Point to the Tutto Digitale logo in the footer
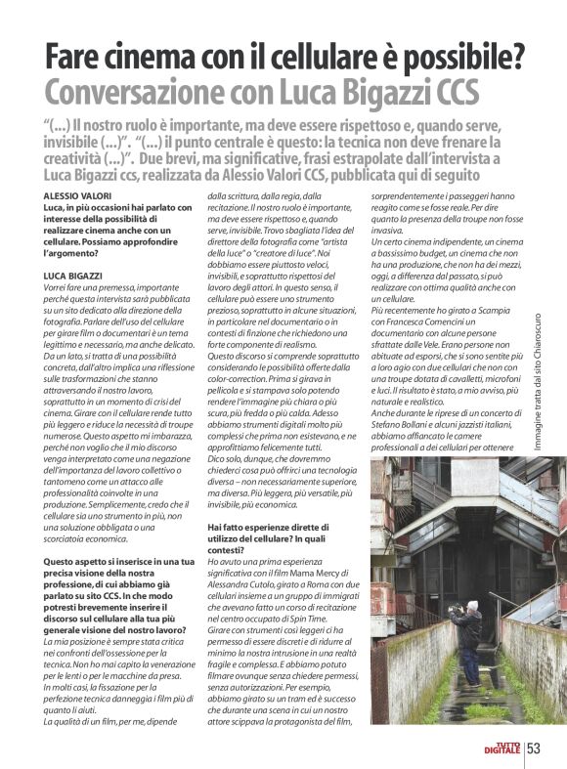506,748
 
